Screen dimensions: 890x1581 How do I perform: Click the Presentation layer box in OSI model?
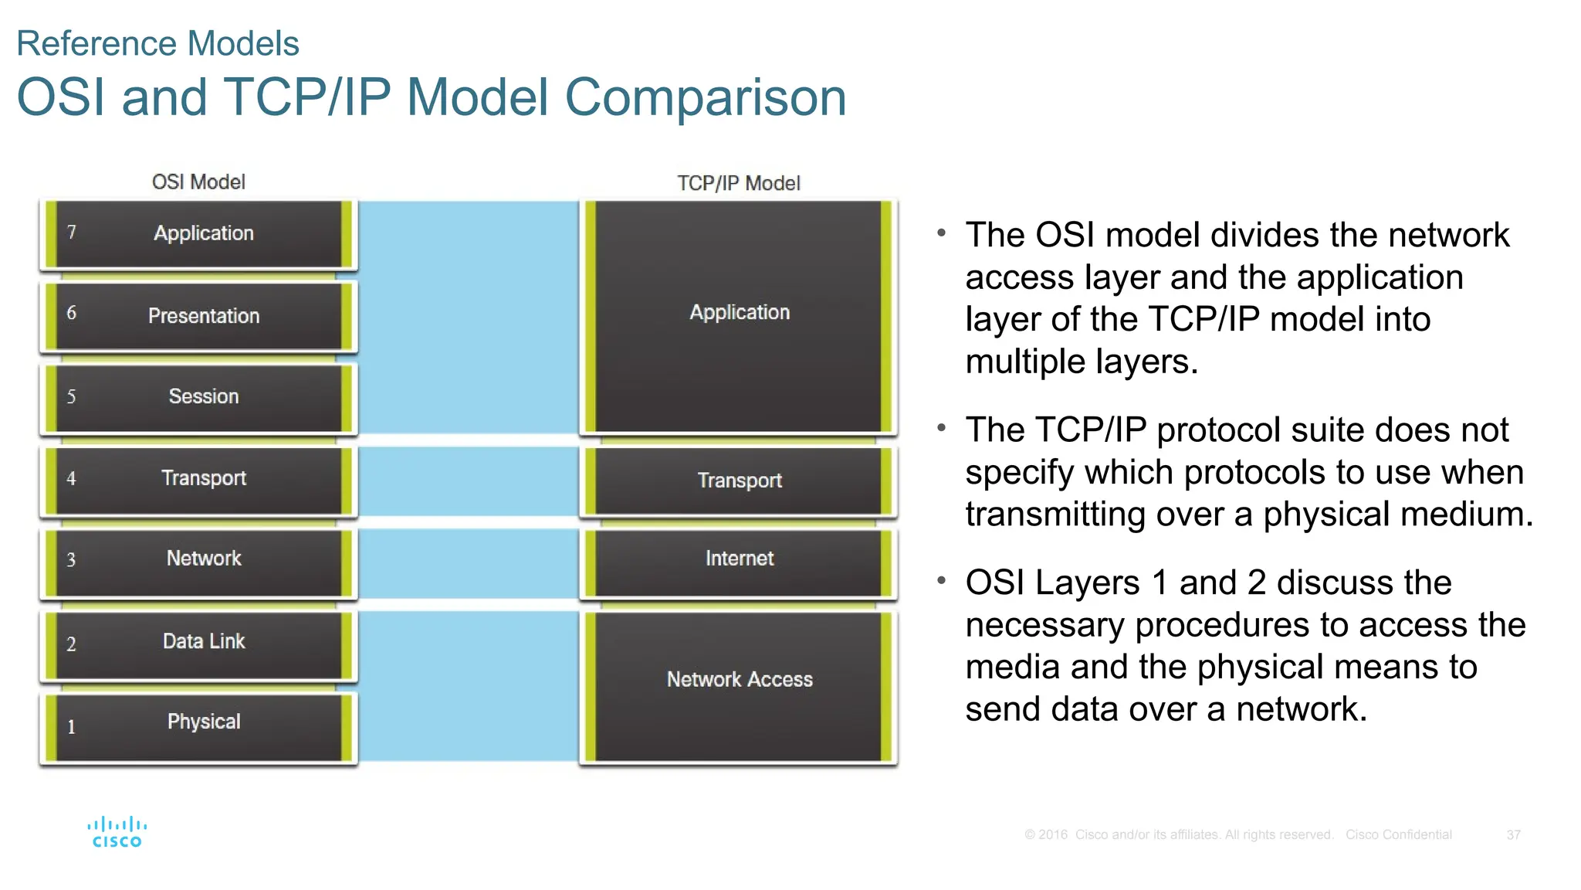199,315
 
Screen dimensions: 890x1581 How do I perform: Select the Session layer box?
199,397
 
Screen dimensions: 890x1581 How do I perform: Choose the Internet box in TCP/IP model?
739,559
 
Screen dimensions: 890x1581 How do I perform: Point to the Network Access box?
739,680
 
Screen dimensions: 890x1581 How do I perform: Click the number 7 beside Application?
72,233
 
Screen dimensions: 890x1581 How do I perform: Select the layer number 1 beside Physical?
71,727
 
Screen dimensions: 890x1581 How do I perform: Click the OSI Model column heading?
198,182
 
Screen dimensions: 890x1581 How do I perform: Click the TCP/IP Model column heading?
738,184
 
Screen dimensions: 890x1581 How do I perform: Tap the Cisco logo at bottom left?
117,832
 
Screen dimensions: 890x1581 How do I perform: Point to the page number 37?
1513,835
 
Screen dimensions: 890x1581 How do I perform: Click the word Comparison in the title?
705,98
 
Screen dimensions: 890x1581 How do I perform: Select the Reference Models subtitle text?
157,43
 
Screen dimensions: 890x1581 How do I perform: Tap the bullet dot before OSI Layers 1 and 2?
941,579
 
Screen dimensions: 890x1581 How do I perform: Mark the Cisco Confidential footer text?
1398,835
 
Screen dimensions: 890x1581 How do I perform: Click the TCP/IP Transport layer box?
739,481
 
